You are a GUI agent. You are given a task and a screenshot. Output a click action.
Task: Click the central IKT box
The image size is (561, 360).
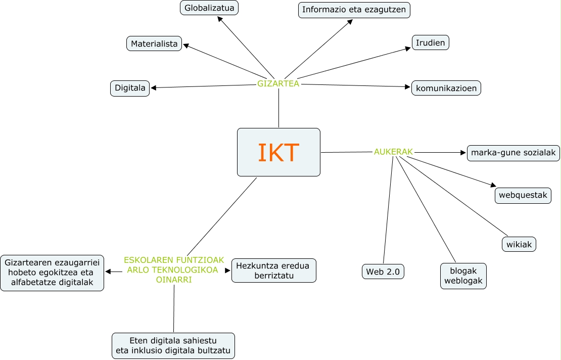(x=278, y=152)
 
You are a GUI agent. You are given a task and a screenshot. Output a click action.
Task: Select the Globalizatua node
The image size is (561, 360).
(x=209, y=8)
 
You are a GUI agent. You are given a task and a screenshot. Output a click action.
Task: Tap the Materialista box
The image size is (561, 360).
(x=154, y=44)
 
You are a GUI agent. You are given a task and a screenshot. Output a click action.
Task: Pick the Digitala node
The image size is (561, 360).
(x=130, y=88)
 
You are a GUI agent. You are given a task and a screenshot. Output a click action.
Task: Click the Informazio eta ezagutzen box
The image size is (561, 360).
(x=354, y=10)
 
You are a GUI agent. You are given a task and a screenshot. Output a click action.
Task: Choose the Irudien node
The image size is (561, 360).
(x=431, y=42)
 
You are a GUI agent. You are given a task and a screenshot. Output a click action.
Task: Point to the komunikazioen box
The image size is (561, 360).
(x=446, y=88)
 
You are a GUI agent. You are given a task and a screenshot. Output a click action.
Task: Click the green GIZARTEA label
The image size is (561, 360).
(x=278, y=83)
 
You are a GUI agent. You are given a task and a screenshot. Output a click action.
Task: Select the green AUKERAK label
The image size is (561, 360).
(x=393, y=151)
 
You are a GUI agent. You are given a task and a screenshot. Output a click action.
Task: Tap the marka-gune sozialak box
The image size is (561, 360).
(x=513, y=153)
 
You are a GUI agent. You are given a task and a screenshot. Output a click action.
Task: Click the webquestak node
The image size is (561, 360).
(x=523, y=195)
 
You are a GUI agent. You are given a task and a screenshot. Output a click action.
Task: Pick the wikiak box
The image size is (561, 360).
(x=519, y=244)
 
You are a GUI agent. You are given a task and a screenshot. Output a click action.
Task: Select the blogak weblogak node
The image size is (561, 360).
(x=463, y=276)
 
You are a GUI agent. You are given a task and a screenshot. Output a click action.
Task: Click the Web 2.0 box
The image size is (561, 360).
(x=383, y=272)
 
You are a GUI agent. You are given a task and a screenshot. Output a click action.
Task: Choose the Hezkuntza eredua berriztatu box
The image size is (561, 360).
(x=273, y=271)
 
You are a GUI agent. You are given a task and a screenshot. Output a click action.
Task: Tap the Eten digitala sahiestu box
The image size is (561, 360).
(x=173, y=346)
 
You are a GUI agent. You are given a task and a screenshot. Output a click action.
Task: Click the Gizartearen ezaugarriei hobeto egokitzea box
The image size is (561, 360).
(x=52, y=273)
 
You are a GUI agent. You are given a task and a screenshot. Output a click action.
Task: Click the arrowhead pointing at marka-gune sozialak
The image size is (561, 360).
(x=463, y=152)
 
